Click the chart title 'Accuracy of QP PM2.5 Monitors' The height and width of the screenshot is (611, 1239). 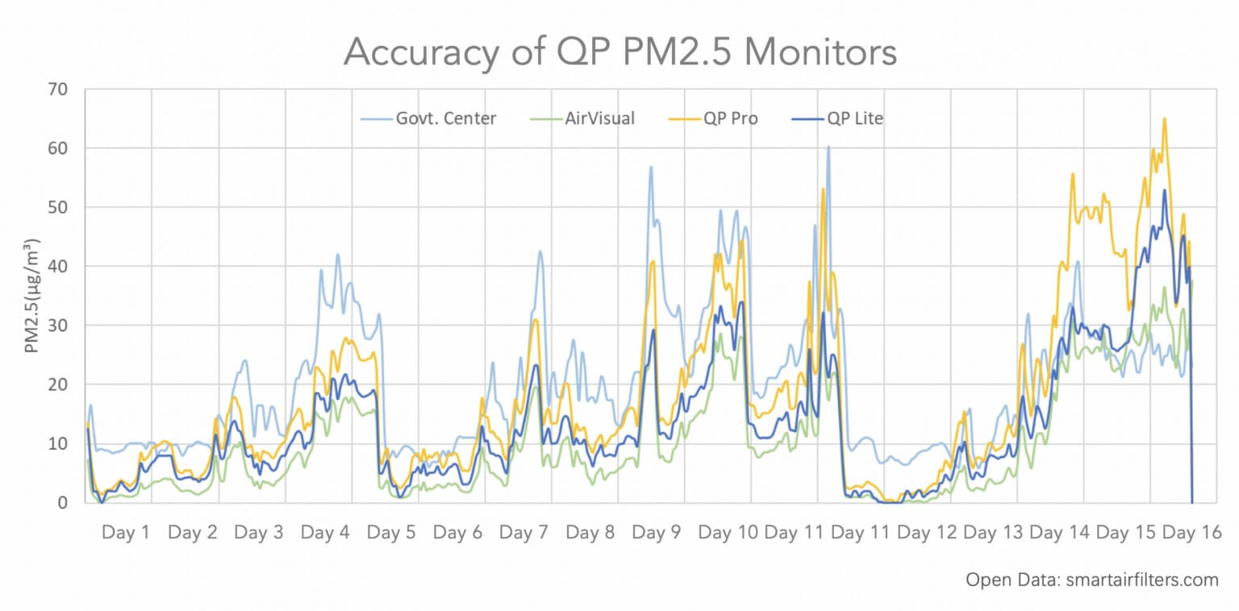619,52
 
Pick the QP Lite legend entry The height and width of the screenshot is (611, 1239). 854,118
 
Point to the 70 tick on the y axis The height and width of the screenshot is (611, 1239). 60,89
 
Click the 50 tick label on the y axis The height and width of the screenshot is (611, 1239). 60,207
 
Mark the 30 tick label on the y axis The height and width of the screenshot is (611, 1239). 60,325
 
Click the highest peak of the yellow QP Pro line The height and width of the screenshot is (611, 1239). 1164,118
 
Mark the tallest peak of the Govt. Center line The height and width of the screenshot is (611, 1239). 828,147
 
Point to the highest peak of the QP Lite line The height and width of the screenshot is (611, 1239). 1164,190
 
